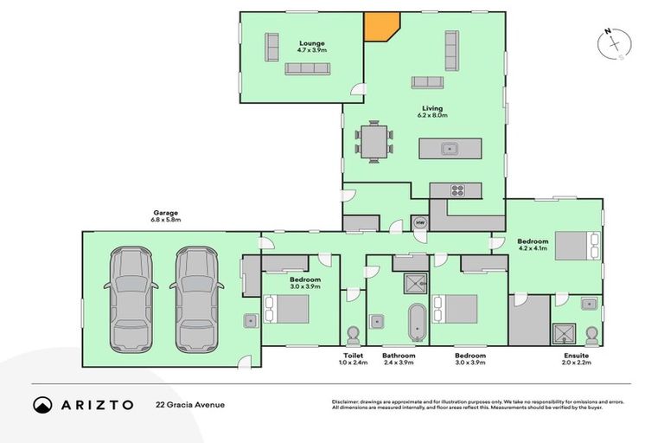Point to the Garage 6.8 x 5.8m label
coord(166,216)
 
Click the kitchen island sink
coord(450,148)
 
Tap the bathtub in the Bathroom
coord(416,321)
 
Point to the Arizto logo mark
coord(41,404)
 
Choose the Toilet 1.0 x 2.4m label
coord(353,359)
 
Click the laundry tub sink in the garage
coord(249,320)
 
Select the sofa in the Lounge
coord(308,68)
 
